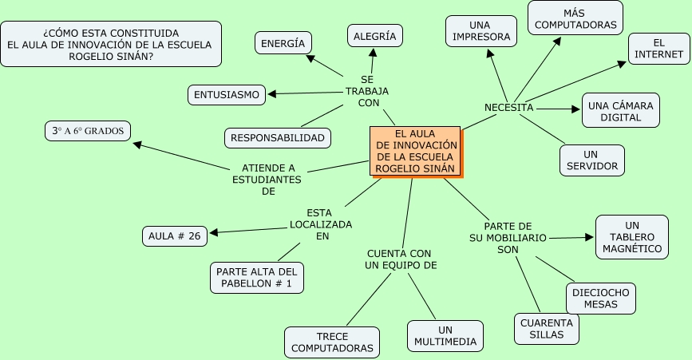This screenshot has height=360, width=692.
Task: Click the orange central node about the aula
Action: (x=415, y=151)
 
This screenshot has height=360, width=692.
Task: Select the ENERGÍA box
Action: (x=283, y=43)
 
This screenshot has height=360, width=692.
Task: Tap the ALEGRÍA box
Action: (x=375, y=35)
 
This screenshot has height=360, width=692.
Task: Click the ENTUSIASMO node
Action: (x=226, y=95)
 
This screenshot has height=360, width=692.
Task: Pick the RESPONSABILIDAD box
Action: (x=278, y=138)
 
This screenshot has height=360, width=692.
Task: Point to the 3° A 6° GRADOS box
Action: (x=88, y=131)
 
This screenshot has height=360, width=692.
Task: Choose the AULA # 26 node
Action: (x=175, y=235)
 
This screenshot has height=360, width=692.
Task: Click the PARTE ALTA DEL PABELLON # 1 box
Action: (x=256, y=277)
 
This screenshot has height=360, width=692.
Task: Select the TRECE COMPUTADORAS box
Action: (x=332, y=342)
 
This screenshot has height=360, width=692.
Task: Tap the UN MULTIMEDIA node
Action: (x=445, y=336)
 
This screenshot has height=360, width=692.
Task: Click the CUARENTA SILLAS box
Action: (x=547, y=328)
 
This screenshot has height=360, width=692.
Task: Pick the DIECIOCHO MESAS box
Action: (x=601, y=298)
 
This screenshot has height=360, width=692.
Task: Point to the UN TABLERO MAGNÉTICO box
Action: (x=632, y=237)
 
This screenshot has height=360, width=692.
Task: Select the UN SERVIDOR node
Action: (x=591, y=160)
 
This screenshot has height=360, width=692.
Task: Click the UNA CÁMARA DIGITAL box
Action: (x=621, y=111)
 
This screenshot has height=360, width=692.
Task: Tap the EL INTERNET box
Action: (x=658, y=48)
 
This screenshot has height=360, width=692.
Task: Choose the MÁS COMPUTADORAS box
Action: (x=575, y=19)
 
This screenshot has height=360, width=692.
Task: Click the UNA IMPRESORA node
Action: (x=480, y=31)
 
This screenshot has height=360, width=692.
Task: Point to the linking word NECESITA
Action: (x=508, y=108)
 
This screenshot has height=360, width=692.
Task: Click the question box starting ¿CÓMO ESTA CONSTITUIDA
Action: (x=110, y=44)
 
